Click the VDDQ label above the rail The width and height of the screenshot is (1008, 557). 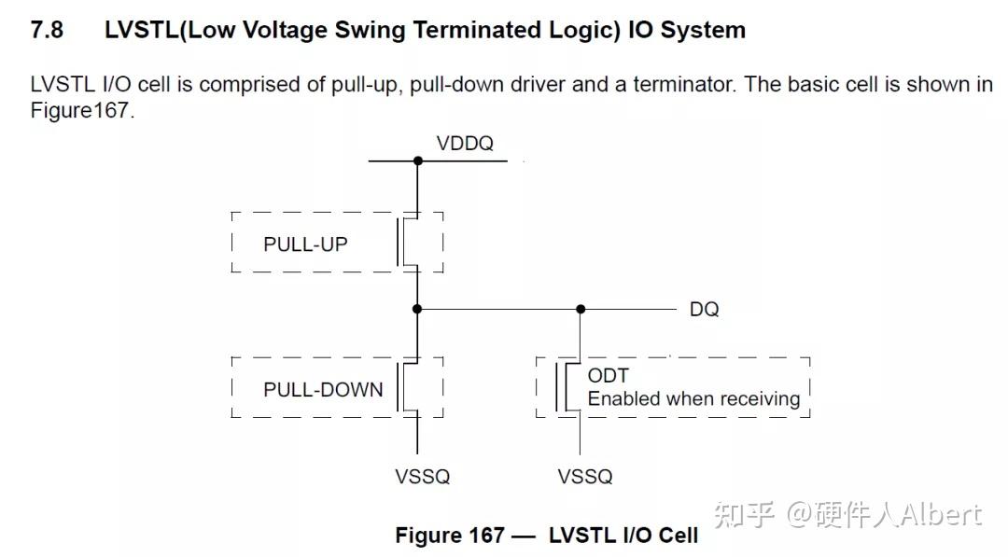coord(465,144)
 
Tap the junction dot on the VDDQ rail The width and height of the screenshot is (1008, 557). coord(418,160)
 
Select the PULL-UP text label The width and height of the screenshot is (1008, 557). coord(305,244)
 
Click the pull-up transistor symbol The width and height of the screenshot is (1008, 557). coord(409,242)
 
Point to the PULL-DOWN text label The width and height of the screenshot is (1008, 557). coord(323,389)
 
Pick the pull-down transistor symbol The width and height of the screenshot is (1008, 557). coord(409,387)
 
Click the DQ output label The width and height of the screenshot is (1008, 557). coord(704,309)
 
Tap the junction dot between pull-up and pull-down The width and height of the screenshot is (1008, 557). coord(417,309)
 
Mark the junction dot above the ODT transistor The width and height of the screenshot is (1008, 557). coord(581,309)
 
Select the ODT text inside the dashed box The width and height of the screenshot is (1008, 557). coord(609,375)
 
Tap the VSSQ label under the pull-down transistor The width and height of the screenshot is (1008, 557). coord(423,477)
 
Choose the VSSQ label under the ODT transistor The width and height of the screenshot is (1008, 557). coord(585,477)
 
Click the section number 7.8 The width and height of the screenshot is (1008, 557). coord(47,30)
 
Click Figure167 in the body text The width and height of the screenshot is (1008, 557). coord(81,110)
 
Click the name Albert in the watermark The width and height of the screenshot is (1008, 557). coord(941,515)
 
